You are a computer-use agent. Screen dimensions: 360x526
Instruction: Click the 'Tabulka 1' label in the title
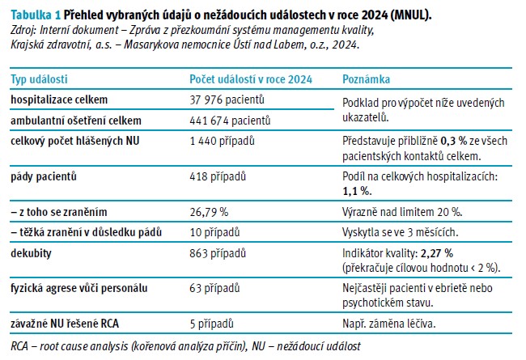point(33,15)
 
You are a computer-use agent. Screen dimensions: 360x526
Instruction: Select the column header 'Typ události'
point(39,80)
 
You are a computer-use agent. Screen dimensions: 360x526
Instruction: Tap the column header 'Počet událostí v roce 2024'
point(251,80)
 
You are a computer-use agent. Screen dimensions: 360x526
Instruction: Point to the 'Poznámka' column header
point(367,80)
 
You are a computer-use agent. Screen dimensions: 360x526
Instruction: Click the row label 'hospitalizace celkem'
point(59,100)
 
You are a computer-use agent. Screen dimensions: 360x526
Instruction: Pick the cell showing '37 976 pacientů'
point(227,100)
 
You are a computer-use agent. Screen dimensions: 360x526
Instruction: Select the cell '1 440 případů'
point(223,142)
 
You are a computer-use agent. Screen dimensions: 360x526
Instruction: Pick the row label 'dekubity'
point(31,253)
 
